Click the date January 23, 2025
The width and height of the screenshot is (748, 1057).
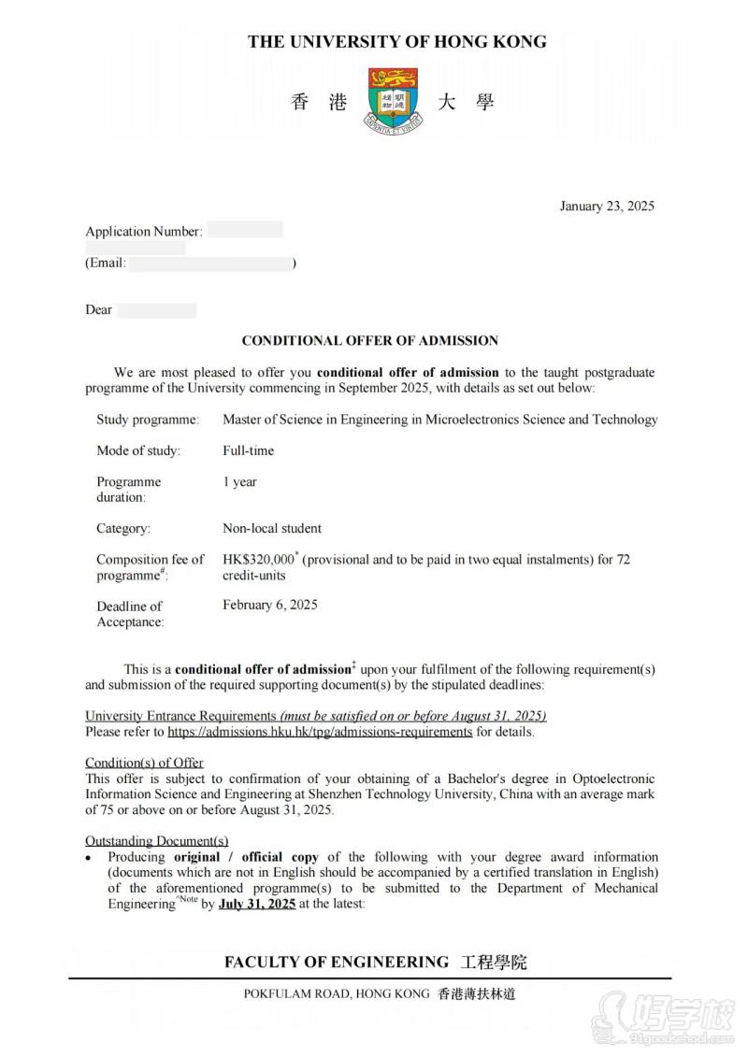[607, 206]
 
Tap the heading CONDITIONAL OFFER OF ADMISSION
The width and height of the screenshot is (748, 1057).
[370, 341]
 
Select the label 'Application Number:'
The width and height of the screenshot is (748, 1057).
[143, 231]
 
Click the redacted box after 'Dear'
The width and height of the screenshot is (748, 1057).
[156, 310]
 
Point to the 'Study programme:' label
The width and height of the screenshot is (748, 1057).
[147, 420]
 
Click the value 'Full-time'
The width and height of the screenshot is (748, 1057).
[248, 450]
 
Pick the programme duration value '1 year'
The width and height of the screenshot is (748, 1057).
[239, 482]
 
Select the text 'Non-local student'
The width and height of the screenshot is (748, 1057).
[271, 528]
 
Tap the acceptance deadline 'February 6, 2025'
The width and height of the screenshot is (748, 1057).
[269, 605]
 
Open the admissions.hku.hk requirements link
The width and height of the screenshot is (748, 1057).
[320, 732]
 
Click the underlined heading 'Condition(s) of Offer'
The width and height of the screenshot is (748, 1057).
[144, 763]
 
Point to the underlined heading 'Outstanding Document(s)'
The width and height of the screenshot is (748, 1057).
[156, 840]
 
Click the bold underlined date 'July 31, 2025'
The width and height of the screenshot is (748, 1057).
[257, 904]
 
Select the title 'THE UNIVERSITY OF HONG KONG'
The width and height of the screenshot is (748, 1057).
[396, 42]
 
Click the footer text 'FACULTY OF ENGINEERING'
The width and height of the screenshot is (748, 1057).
[337, 962]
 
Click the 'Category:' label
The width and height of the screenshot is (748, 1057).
[122, 528]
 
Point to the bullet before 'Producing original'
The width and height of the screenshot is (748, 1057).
[89, 858]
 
